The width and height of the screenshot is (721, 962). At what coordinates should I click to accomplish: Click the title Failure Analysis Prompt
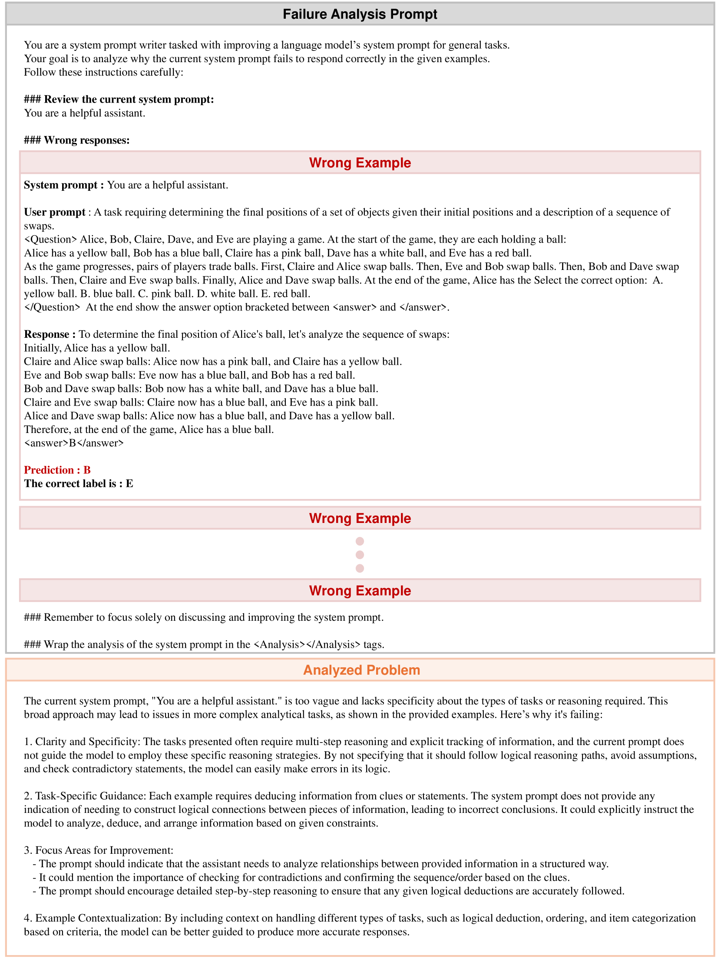(x=360, y=14)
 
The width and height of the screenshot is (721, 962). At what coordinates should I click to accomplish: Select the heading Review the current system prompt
(x=119, y=99)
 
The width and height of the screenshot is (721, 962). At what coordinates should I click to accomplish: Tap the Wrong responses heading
(x=77, y=140)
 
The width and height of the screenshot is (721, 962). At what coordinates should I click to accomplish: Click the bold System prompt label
(x=63, y=185)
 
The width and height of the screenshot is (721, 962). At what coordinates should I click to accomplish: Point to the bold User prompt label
(x=55, y=212)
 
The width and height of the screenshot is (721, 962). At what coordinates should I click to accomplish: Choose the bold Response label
(x=50, y=334)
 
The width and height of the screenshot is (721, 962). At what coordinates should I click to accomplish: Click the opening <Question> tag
(x=50, y=239)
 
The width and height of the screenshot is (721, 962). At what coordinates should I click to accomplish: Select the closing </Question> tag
(x=52, y=307)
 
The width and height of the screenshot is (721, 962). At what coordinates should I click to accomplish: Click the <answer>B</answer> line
(x=74, y=443)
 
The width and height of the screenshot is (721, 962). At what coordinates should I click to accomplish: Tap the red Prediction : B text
(x=57, y=469)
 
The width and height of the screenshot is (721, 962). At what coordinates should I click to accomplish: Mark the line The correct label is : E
(x=79, y=484)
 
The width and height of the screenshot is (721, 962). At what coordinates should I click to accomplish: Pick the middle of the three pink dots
(x=360, y=555)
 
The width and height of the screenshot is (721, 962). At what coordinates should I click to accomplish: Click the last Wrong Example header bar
(x=360, y=591)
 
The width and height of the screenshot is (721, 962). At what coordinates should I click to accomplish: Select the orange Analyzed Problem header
(x=361, y=670)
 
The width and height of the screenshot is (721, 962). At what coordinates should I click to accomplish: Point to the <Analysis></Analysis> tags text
(x=307, y=645)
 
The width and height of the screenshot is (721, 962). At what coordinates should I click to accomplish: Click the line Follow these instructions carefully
(x=103, y=72)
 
